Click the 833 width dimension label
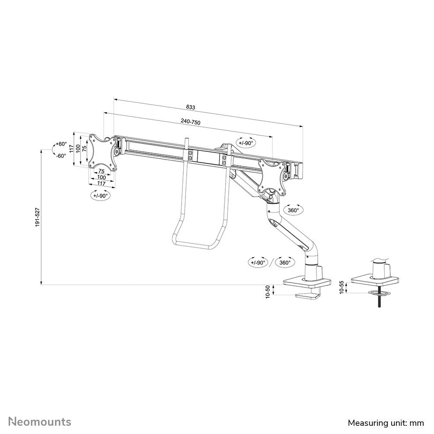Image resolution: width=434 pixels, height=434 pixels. click(x=191, y=107)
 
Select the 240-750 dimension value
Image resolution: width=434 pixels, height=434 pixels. click(x=191, y=123)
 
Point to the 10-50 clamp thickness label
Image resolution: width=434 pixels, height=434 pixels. click(x=268, y=291)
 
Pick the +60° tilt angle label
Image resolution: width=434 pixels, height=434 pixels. click(x=61, y=144)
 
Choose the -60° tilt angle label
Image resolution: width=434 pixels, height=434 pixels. click(x=61, y=156)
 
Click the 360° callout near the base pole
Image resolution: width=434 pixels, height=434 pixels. click(x=284, y=262)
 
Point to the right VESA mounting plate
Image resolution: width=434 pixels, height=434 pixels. click(x=272, y=177)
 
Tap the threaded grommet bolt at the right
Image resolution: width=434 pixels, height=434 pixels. click(x=378, y=301)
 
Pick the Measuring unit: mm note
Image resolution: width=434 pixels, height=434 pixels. click(x=386, y=422)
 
